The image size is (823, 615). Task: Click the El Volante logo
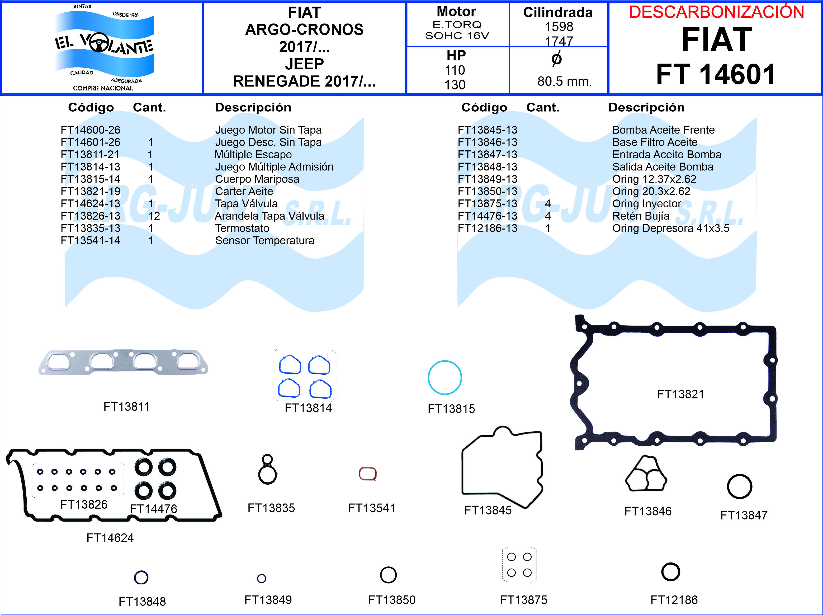[x=103, y=47]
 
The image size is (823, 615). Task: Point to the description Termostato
[x=242, y=228]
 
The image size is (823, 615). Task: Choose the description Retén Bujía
[x=641, y=216]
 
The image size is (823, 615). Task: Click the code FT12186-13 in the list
[x=488, y=228]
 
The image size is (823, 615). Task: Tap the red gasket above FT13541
[x=368, y=474]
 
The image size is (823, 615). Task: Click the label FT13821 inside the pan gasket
[x=680, y=394]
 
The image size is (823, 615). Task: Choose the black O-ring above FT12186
[x=670, y=572]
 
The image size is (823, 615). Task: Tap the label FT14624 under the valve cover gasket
[x=110, y=538]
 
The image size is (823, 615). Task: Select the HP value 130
[x=455, y=85]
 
